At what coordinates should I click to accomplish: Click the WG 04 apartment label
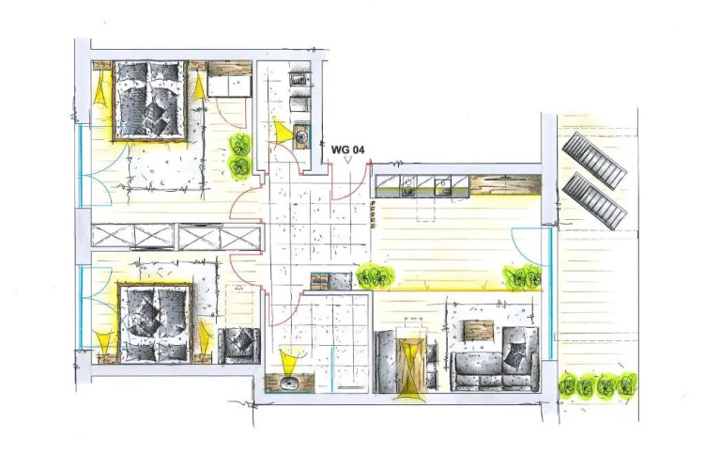pos(347,149)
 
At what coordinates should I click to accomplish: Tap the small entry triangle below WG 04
pos(347,160)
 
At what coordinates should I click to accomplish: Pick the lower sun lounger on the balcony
pos(594,201)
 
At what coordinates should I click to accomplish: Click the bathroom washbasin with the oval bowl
pos(288,383)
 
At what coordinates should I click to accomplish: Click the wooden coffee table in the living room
pos(479,331)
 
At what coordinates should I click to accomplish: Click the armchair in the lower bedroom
pos(239,345)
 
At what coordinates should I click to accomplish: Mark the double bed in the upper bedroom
pos(150,101)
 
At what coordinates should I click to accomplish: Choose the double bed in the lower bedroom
pos(156,322)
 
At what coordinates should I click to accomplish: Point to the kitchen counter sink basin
pos(442,186)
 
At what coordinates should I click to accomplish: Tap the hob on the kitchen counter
pos(408,186)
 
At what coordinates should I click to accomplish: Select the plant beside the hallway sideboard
pos(375,276)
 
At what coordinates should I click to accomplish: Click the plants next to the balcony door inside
pos(523,277)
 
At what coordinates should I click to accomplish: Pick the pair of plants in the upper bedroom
pos(240,156)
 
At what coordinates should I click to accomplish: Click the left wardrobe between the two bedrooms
pos(132,236)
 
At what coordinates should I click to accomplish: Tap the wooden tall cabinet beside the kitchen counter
pos(504,185)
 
